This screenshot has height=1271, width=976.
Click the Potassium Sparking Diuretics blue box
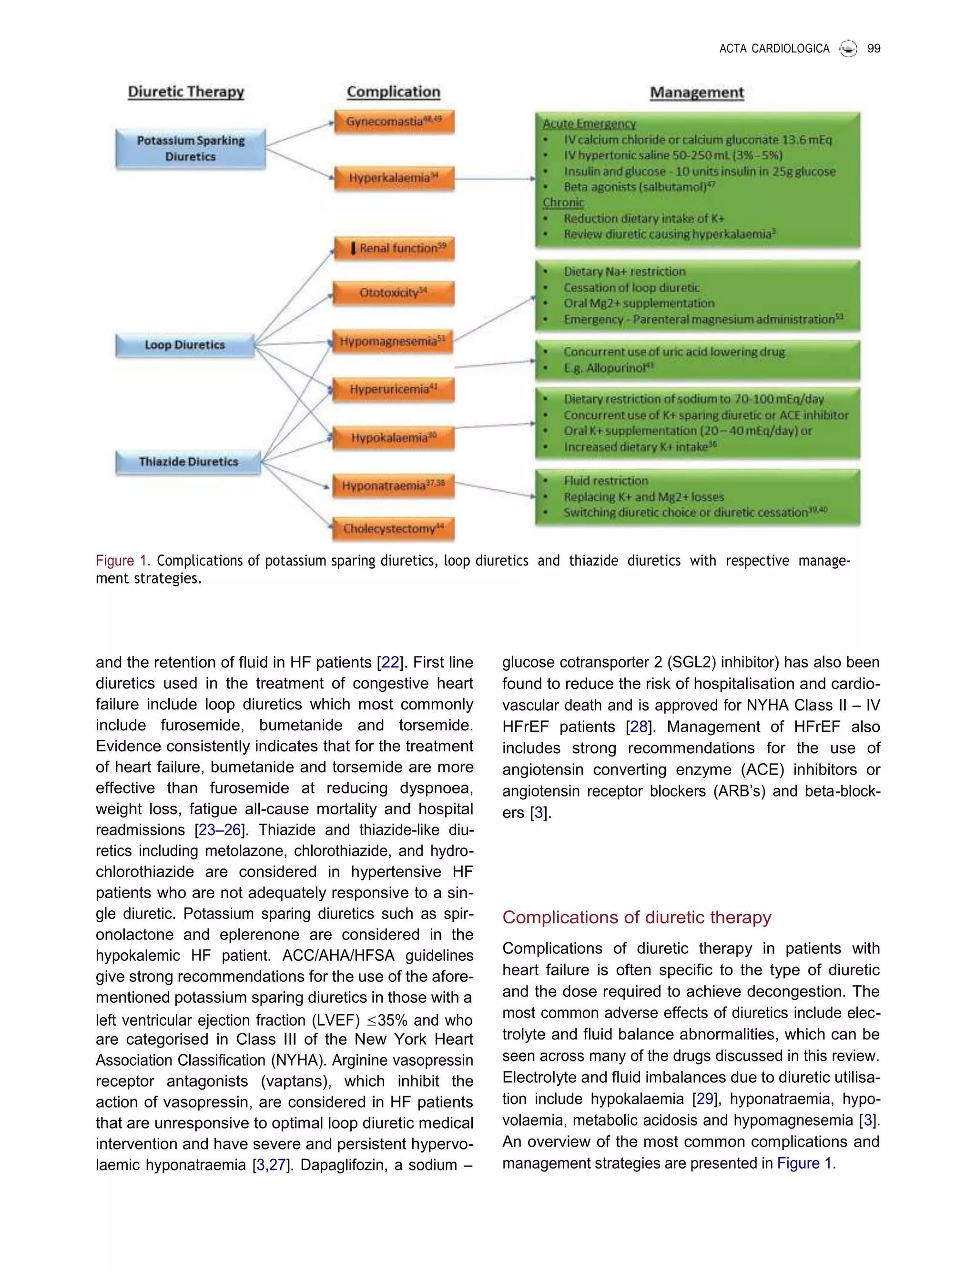191,149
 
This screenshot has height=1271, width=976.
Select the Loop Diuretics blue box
185,345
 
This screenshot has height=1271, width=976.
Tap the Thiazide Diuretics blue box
188,462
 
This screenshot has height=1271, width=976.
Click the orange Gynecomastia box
394,122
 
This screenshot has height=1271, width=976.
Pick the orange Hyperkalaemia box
394,178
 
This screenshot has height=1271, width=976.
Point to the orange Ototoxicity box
394,293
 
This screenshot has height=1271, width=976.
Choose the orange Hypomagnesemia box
393,342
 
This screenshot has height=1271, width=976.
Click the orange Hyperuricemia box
394,389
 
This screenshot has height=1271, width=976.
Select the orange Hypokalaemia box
394,438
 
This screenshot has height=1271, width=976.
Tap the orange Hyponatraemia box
394,485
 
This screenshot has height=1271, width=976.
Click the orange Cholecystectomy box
394,528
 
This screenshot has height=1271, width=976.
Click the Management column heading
697,92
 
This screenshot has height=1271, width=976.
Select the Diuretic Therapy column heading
186,92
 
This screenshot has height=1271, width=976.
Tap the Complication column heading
393,92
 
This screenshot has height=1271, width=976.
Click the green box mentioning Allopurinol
697,360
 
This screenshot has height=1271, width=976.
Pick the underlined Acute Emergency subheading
589,124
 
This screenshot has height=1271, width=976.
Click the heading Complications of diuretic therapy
637,918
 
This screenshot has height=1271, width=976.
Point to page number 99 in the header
873,49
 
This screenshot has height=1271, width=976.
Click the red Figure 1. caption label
122,560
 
